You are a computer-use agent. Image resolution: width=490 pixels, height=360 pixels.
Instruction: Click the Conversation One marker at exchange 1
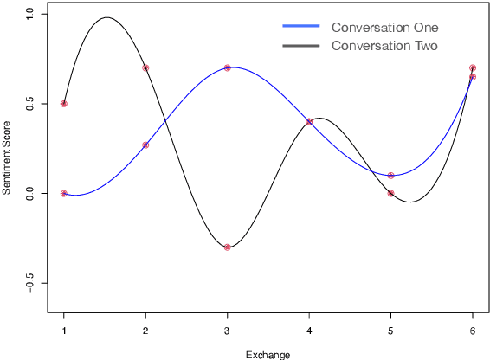64,194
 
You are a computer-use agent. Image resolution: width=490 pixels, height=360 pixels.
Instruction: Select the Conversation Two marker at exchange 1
64,104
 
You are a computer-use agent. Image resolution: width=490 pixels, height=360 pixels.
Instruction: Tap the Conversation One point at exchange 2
145,145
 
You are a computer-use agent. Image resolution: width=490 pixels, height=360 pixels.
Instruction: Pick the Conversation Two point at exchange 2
145,67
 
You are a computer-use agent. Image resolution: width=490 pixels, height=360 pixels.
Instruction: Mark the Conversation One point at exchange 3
228,67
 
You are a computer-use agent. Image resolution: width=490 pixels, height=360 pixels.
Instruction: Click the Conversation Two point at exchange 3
228,247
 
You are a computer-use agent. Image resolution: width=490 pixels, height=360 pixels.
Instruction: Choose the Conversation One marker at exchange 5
391,176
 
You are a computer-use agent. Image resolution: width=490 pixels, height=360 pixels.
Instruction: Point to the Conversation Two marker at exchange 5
391,194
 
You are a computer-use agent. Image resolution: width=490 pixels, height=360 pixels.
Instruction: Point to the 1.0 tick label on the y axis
30,14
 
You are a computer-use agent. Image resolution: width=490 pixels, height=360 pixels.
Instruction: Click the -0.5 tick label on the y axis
30,284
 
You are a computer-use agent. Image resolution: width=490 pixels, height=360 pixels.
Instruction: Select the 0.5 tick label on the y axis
30,104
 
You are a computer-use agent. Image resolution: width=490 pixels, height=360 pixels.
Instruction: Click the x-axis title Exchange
268,354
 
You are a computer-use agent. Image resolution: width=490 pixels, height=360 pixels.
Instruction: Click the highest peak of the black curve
106,17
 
